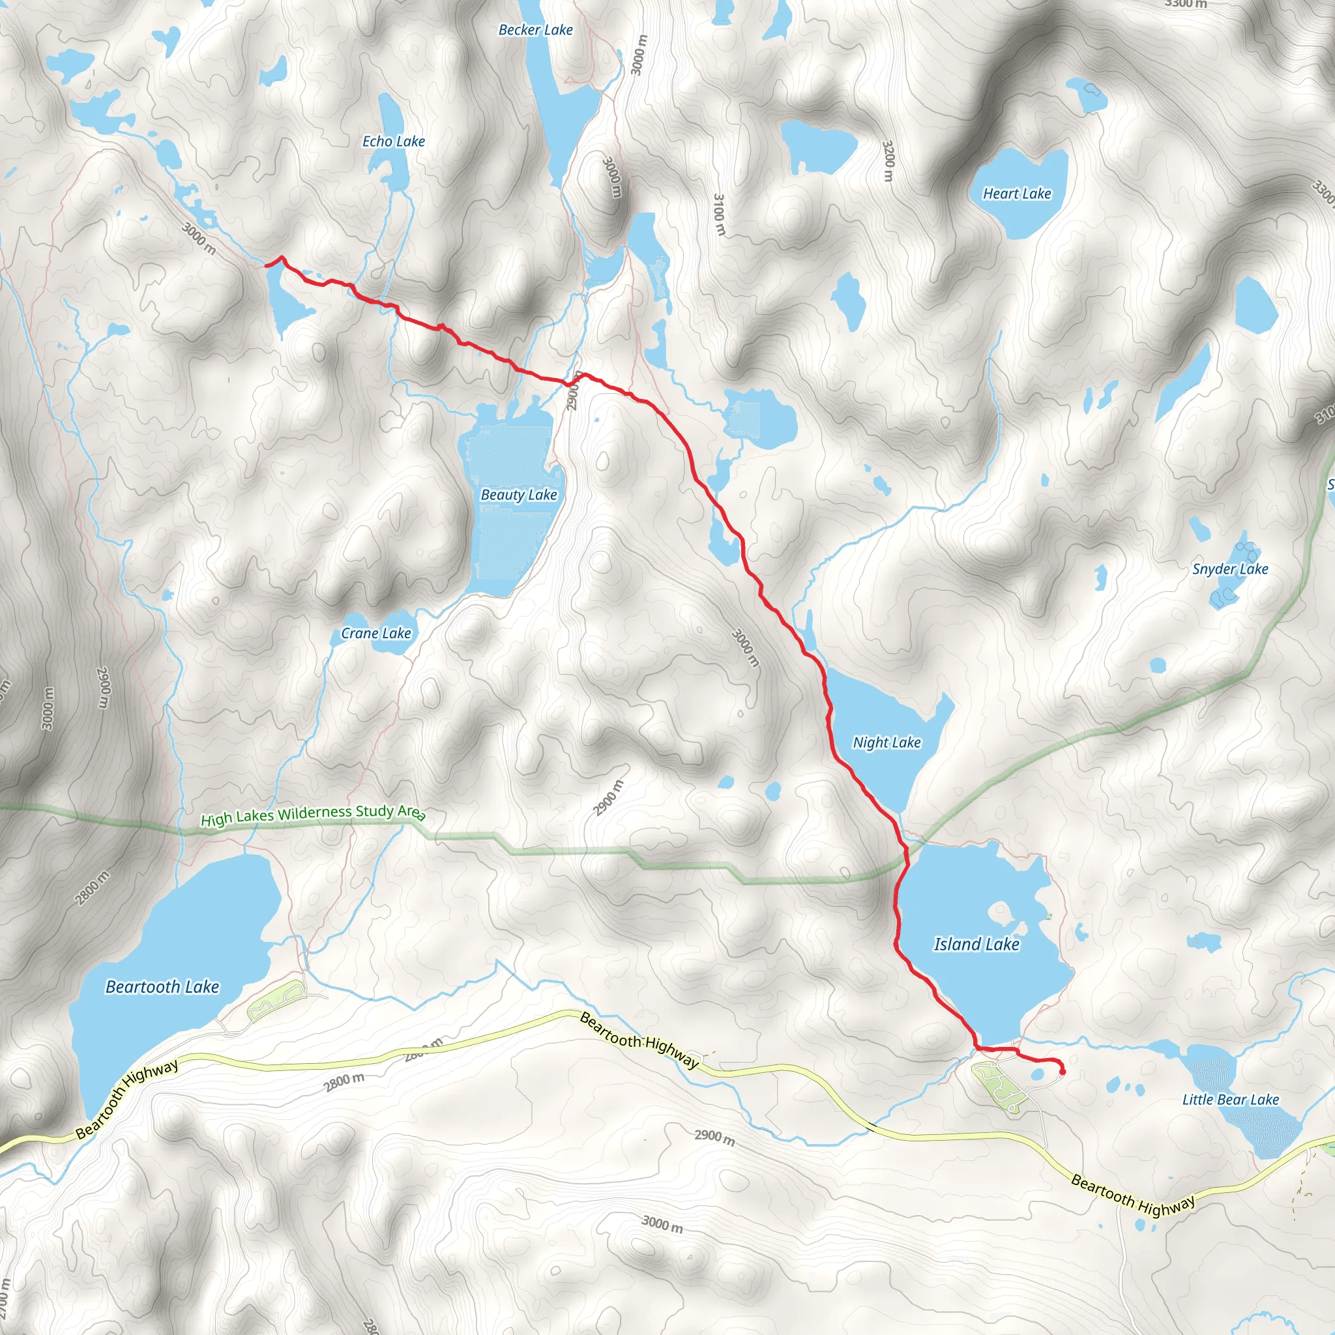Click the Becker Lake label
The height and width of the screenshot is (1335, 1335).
(536, 30)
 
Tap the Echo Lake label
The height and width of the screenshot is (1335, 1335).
(393, 141)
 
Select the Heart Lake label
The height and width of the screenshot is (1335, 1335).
(1016, 194)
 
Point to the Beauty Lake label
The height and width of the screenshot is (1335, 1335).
(518, 495)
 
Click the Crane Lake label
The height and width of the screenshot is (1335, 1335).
(376, 633)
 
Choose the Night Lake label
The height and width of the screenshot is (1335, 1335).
(887, 742)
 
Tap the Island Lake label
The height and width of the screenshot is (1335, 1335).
(976, 944)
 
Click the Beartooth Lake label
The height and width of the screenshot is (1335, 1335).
(162, 987)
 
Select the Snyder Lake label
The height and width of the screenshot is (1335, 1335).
(1230, 568)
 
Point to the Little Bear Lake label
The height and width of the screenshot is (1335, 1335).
(1230, 1100)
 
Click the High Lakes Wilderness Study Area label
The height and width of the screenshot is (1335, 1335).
(312, 815)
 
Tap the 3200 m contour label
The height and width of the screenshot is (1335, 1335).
(888, 161)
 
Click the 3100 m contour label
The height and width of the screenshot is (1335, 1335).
(720, 214)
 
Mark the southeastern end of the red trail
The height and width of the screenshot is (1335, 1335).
(1062, 1072)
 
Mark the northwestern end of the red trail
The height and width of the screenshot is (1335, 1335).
(266, 265)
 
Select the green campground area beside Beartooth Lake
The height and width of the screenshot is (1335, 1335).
(275, 999)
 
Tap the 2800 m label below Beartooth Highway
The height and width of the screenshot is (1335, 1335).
(344, 1081)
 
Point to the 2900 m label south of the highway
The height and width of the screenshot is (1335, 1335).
(714, 1137)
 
